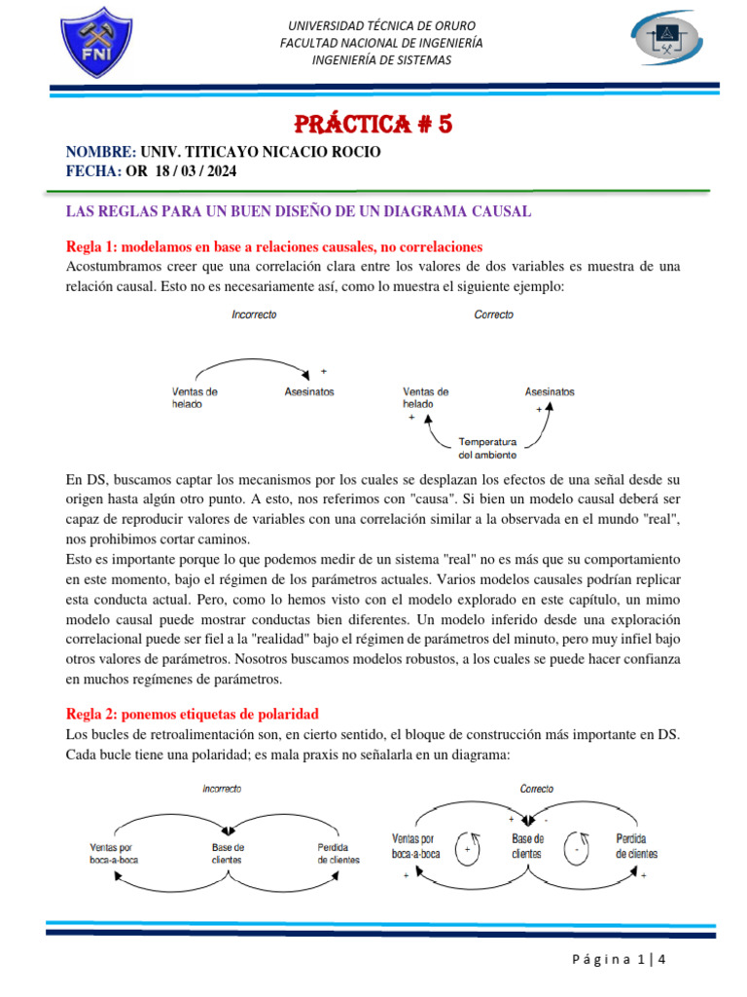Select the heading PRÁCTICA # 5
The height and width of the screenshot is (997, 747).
(x=374, y=126)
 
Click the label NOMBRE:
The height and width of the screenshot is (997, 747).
(x=100, y=153)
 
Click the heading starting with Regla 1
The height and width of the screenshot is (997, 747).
(x=273, y=246)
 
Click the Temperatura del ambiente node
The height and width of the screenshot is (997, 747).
(x=487, y=447)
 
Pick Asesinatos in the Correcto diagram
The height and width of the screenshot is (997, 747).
(x=550, y=391)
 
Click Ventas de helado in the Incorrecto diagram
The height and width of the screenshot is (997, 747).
(x=195, y=397)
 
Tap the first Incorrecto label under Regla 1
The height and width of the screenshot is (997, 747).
(x=254, y=315)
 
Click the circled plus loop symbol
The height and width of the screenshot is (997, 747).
(x=468, y=849)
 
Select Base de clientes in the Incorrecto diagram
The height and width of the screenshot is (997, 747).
(x=228, y=854)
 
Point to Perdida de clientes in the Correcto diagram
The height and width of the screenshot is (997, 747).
(x=636, y=846)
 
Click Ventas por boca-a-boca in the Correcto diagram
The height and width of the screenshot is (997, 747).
(x=415, y=846)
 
